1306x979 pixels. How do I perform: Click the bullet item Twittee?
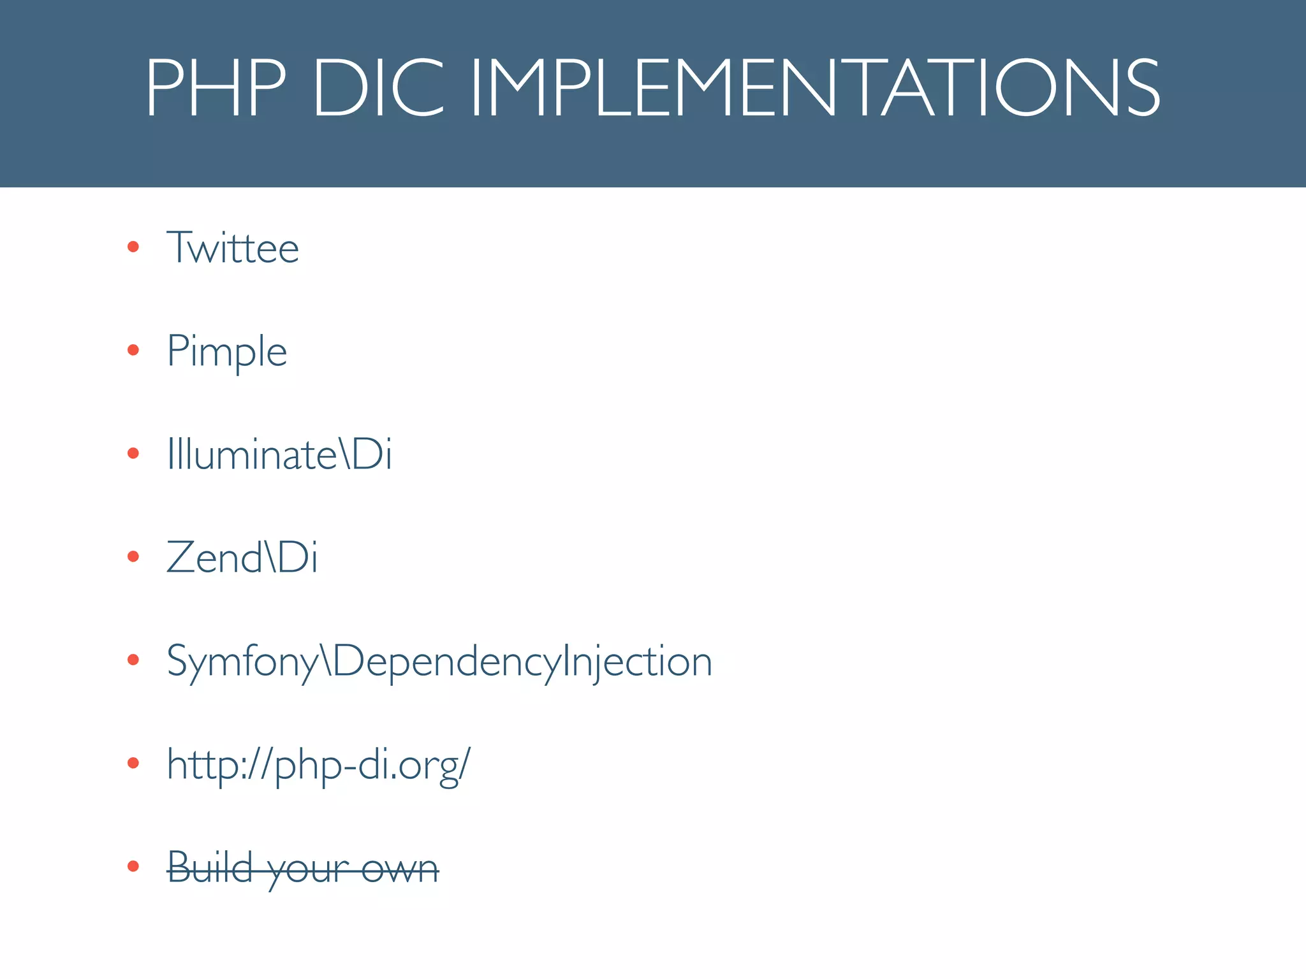[x=233, y=247]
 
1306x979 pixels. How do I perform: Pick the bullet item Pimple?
[x=227, y=352]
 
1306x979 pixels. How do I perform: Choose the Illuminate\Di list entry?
[x=279, y=454]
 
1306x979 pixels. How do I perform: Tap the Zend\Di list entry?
[x=242, y=558]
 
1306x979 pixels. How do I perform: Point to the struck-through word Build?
[x=210, y=867]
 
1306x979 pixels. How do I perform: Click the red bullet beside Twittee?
[x=133, y=247]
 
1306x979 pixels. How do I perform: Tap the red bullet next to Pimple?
[x=133, y=350]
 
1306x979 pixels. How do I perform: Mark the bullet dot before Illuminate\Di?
[x=133, y=453]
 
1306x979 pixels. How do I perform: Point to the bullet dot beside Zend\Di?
[x=133, y=556]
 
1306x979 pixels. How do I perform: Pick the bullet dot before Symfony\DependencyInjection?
[x=133, y=660]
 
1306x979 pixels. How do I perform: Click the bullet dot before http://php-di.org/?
[x=133, y=763]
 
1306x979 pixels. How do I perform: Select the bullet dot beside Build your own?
[x=133, y=866]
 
